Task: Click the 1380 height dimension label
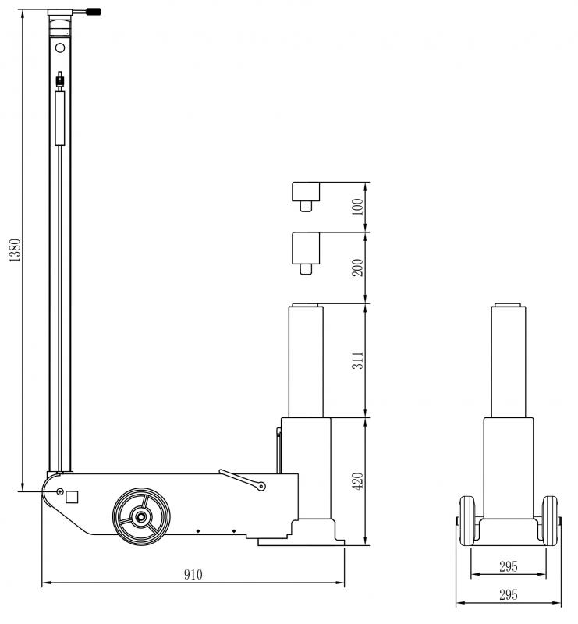click(14, 250)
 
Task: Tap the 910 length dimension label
click(193, 574)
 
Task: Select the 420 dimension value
click(357, 481)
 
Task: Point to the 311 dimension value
click(357, 360)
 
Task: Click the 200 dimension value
click(357, 268)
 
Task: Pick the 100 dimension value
click(357, 207)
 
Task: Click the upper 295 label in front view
click(509, 566)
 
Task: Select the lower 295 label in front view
click(509, 595)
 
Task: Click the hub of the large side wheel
click(141, 516)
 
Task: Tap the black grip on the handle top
click(94, 12)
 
